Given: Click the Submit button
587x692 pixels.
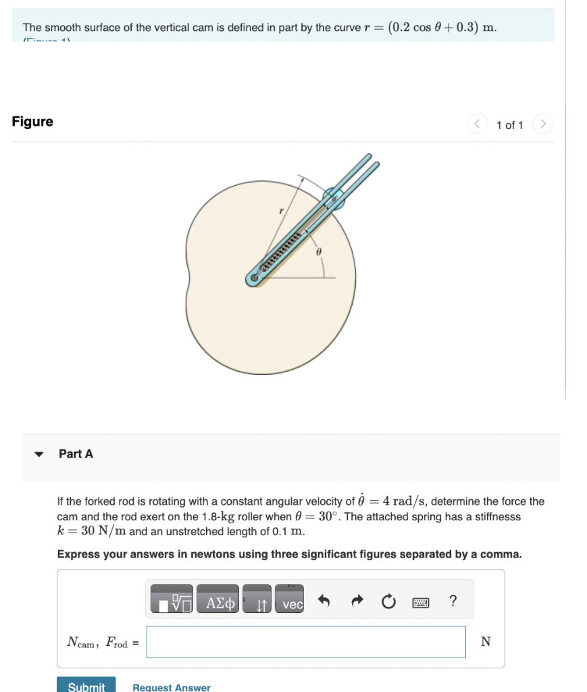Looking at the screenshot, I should click(x=86, y=686).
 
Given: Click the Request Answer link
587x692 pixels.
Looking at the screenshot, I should click(x=172, y=687).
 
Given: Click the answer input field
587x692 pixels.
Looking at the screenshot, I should click(x=306, y=642).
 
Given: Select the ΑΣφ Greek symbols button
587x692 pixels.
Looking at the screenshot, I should click(x=220, y=601).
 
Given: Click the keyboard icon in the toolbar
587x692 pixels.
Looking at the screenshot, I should click(x=421, y=601).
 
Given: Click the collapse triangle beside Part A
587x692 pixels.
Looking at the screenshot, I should click(x=40, y=454).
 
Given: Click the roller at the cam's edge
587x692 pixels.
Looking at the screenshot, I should click(x=333, y=199).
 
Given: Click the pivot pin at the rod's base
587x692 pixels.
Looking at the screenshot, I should click(x=254, y=277).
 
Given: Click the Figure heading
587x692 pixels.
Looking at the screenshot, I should click(x=32, y=122).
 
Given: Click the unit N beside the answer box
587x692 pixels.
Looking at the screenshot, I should click(x=485, y=642).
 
